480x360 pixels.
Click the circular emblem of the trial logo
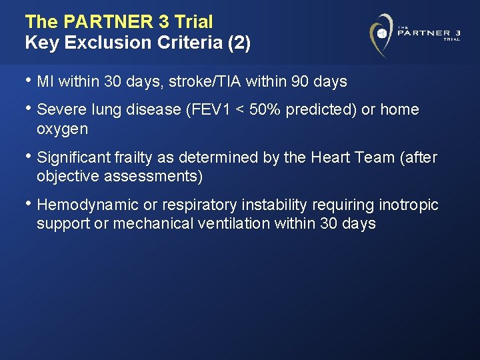[x=382, y=33]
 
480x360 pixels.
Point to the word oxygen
[x=62, y=128]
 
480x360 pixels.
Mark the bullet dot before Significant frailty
[x=28, y=157]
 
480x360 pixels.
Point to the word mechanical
[x=153, y=223]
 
